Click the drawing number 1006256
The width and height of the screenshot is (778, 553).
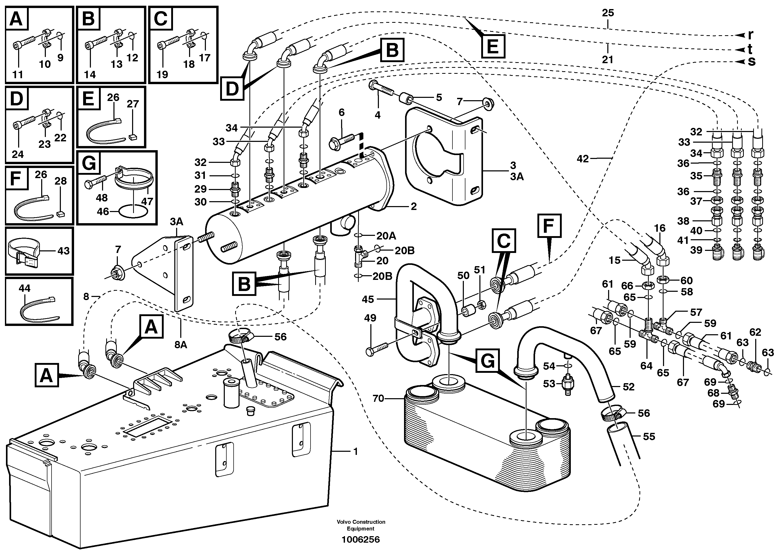pos(361,539)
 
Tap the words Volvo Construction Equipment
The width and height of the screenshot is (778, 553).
pos(361,525)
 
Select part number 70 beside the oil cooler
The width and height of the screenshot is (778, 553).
pos(378,398)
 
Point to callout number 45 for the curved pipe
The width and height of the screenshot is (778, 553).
pos(368,299)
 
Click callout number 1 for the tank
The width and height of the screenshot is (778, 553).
pos(356,452)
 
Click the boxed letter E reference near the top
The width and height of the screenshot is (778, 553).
pos(493,46)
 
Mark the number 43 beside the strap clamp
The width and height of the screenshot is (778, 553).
pos(63,251)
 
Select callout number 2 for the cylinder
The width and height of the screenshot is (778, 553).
pos(414,206)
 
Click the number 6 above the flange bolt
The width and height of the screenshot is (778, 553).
pos(341,112)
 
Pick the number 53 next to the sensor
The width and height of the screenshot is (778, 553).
pos(549,384)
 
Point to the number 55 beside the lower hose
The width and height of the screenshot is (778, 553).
pos(649,436)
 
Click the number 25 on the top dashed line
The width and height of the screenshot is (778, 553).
pos(608,13)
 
